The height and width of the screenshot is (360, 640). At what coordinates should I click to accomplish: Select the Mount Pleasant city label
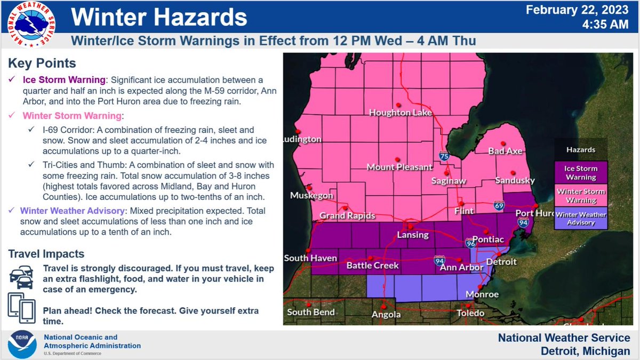399,167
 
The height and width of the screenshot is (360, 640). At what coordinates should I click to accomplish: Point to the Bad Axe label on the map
505,151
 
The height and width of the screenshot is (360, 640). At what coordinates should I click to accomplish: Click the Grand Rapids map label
347,216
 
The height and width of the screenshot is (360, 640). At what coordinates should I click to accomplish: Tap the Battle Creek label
373,265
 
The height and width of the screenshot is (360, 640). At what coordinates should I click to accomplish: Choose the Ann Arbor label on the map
462,267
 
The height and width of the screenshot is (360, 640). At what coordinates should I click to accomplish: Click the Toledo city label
470,313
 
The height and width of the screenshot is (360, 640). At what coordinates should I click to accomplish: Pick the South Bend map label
311,312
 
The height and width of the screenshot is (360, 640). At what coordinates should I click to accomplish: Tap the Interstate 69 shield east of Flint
499,205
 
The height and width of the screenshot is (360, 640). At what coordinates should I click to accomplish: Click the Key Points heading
42,63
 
